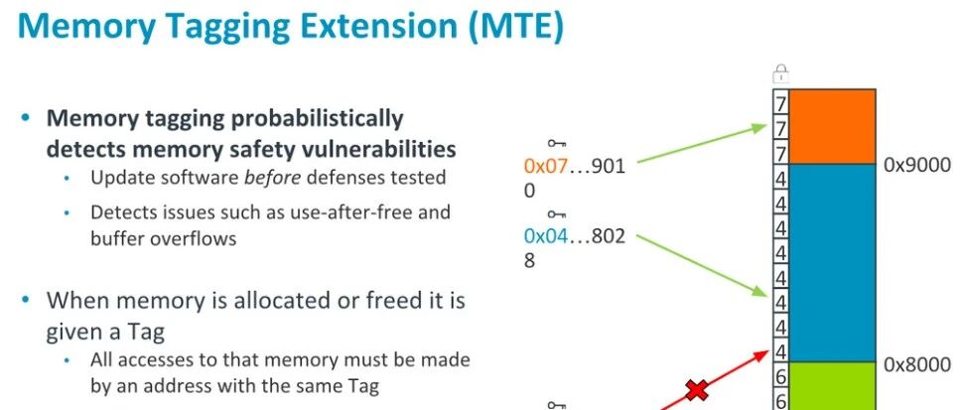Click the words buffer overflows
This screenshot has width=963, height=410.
point(164,238)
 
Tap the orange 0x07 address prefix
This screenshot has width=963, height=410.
point(545,167)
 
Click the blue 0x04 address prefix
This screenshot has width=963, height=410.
point(546,236)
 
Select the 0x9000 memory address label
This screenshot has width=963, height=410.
point(917,166)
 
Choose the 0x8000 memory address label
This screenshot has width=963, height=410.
point(917,365)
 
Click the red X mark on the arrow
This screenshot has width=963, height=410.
point(697,389)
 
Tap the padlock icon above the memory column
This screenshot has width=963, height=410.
point(780,73)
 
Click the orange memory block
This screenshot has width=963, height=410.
point(832,126)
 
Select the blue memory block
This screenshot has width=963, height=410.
point(832,263)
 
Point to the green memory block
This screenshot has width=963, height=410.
point(832,385)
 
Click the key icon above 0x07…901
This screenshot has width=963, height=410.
point(556,144)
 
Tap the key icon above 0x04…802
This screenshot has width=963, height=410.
point(556,214)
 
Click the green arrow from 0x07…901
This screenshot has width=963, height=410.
point(702,144)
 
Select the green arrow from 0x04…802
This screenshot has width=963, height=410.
point(702,265)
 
